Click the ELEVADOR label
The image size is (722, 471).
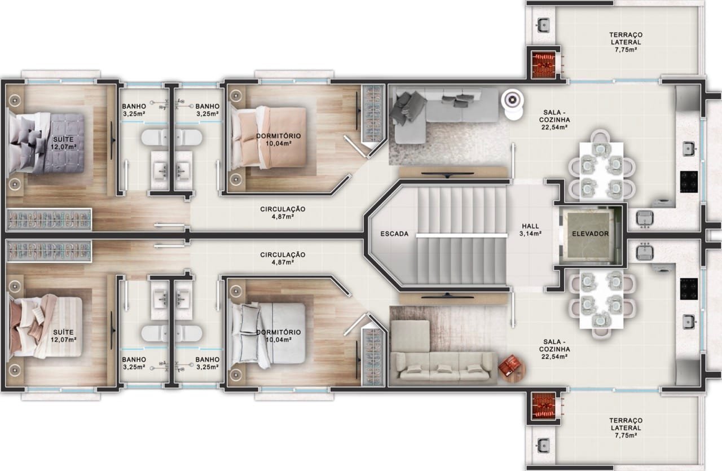pyautogui.click(x=590, y=234)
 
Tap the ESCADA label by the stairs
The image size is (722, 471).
pyautogui.click(x=394, y=234)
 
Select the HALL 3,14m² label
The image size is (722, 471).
pyautogui.click(x=530, y=230)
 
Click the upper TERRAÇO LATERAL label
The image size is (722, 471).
pyautogui.click(x=626, y=42)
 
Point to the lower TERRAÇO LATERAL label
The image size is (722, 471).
pyautogui.click(x=626, y=428)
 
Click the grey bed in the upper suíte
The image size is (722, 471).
pyautogui.click(x=47, y=143)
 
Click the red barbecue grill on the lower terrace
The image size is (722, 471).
pyautogui.click(x=544, y=406)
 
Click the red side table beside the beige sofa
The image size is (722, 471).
pyautogui.click(x=512, y=368)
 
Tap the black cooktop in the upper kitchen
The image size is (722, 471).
pyautogui.click(x=689, y=182)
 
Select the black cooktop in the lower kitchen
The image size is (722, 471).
pyautogui.click(x=689, y=289)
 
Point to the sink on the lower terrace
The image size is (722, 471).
pyautogui.click(x=543, y=446)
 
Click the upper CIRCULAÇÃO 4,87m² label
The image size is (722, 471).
pyautogui.click(x=283, y=213)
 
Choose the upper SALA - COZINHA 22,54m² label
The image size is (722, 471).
pyautogui.click(x=554, y=120)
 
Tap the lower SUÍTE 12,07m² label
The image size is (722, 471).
pyautogui.click(x=64, y=336)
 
